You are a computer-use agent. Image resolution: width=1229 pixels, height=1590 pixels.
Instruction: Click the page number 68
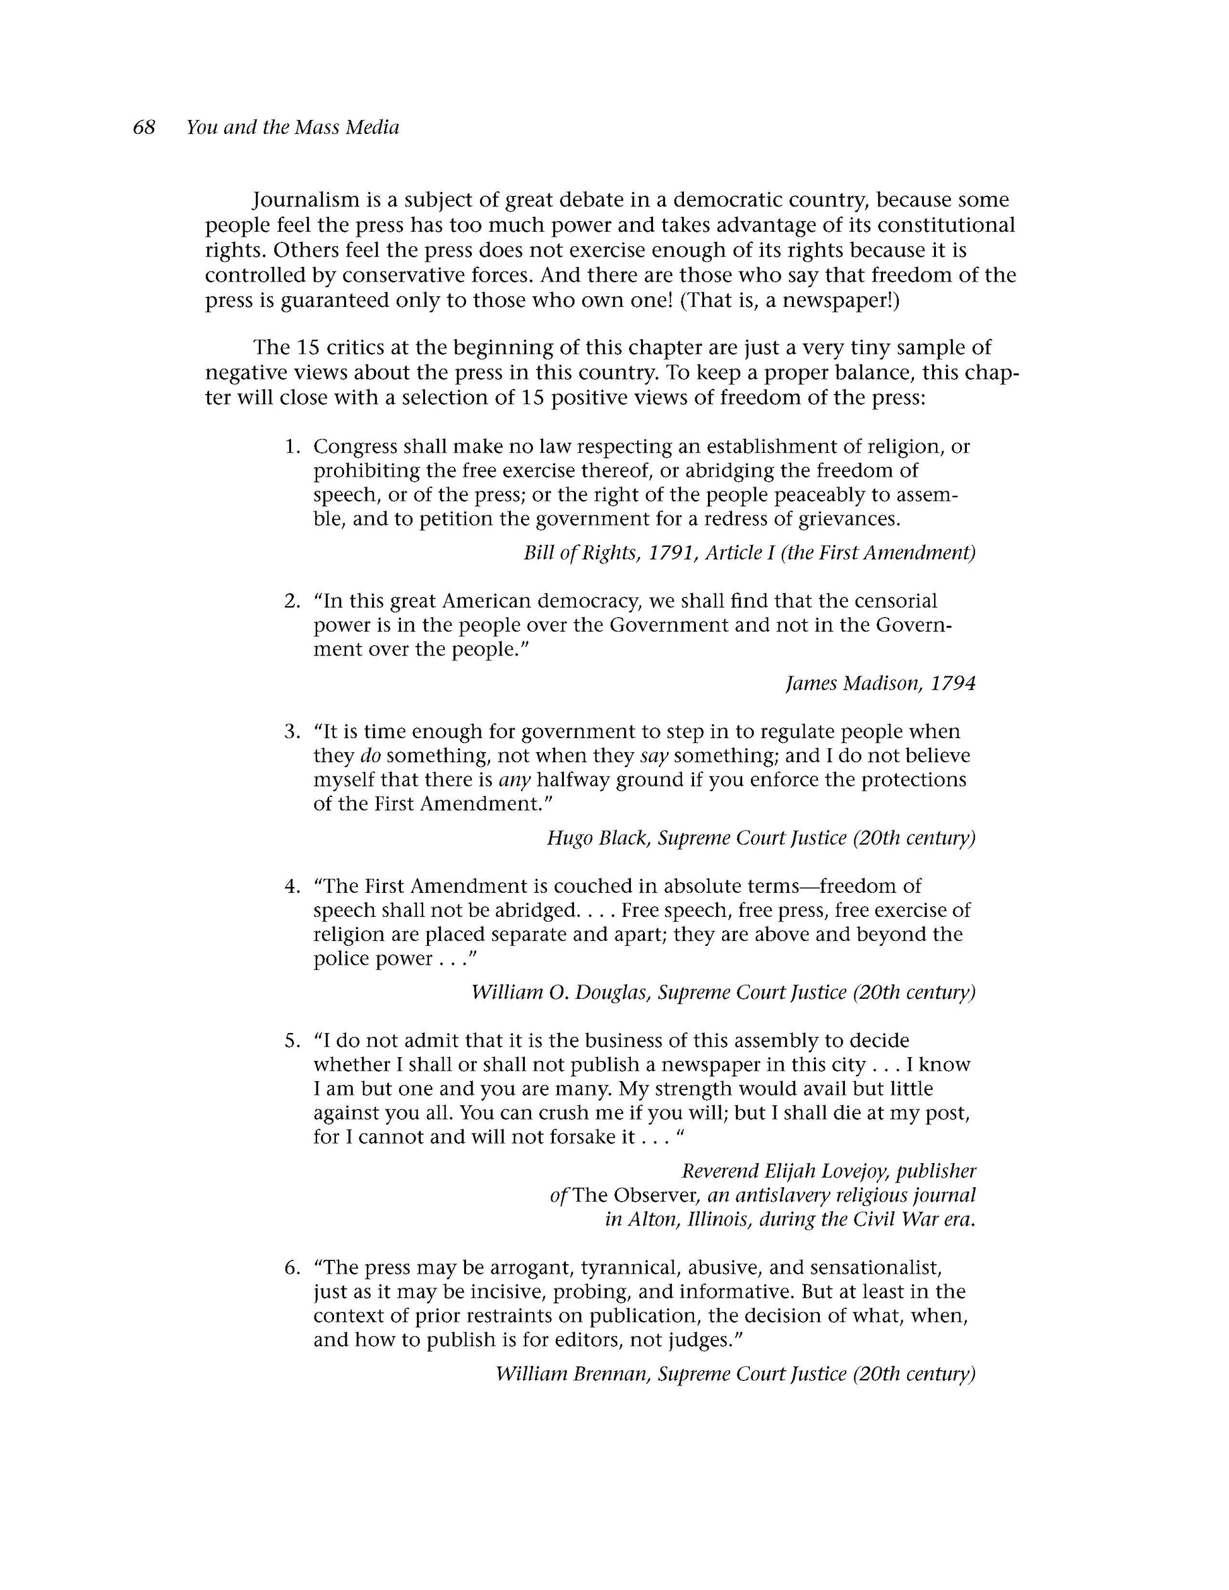pos(144,128)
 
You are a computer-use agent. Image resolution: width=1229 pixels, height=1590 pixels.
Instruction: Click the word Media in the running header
pos(372,128)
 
